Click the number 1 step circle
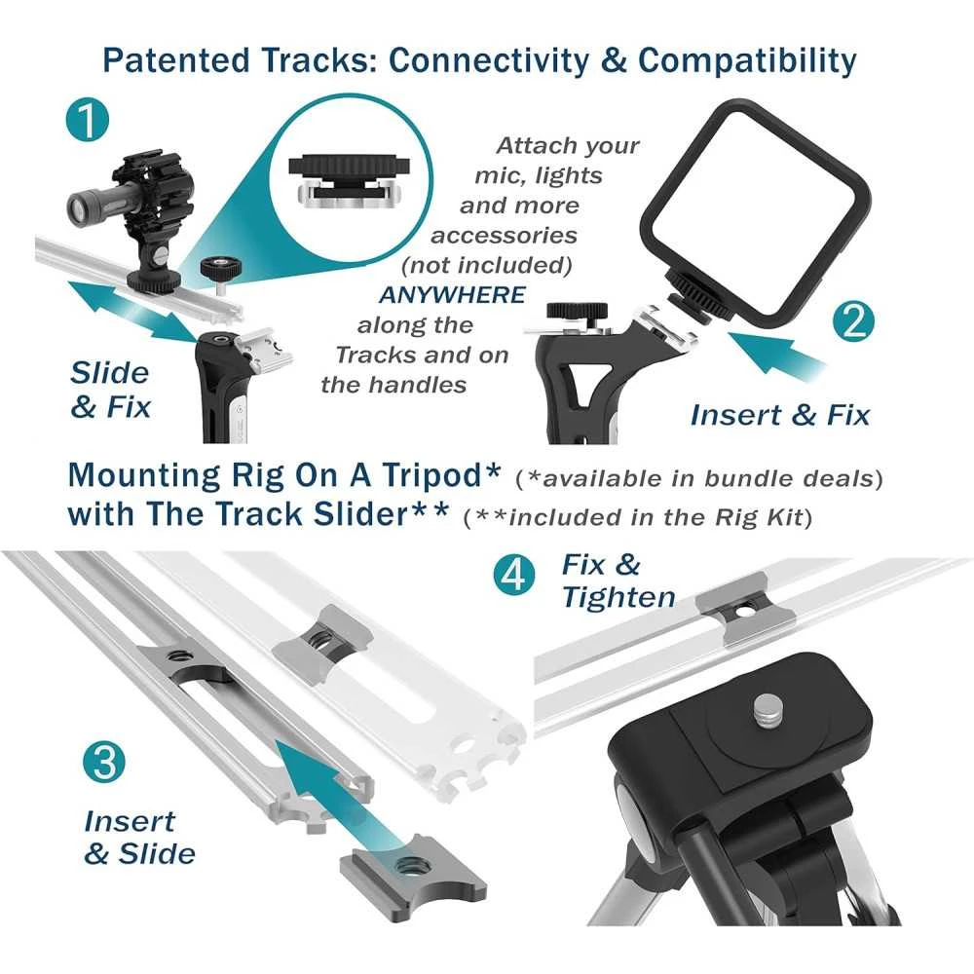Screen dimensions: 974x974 click(88, 121)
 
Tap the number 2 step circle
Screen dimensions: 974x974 click(853, 321)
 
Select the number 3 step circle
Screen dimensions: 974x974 click(104, 762)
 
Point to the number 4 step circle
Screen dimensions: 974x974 click(514, 575)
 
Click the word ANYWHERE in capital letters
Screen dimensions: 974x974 click(452, 295)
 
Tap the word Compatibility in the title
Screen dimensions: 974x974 click(747, 60)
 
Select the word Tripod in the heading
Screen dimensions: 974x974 click(440, 475)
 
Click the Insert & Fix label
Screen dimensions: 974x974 click(780, 414)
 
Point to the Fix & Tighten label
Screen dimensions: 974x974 click(618, 581)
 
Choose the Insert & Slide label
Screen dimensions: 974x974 click(139, 838)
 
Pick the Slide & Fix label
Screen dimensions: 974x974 click(110, 390)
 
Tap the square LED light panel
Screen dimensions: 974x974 click(755, 211)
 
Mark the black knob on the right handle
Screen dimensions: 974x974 click(576, 310)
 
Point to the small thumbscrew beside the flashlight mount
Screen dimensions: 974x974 click(220, 275)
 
